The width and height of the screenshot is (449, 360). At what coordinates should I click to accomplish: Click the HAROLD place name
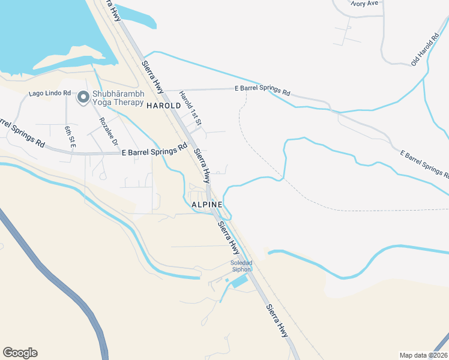pyautogui.click(x=163, y=106)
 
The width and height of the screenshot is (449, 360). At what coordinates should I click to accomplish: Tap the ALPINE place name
pyautogui.click(x=207, y=205)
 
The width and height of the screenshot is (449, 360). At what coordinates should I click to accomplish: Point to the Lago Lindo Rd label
pyautogui.click(x=50, y=94)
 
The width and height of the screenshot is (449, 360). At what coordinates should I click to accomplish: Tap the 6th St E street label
pyautogui.click(x=70, y=137)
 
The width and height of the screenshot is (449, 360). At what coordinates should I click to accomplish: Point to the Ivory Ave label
pyautogui.click(x=364, y=3)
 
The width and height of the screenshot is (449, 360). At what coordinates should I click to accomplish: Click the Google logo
pyautogui.click(x=20, y=353)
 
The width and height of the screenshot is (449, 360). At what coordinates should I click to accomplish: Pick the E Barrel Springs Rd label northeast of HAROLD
pyautogui.click(x=262, y=91)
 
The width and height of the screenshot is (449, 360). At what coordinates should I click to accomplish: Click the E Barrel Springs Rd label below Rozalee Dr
pyautogui.click(x=155, y=151)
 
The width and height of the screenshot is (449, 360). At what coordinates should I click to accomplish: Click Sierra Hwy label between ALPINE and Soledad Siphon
pyautogui.click(x=228, y=236)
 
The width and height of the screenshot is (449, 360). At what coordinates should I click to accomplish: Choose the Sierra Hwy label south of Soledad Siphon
pyautogui.click(x=277, y=319)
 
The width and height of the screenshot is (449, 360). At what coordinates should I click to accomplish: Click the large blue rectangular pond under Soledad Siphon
pyautogui.click(x=241, y=281)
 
